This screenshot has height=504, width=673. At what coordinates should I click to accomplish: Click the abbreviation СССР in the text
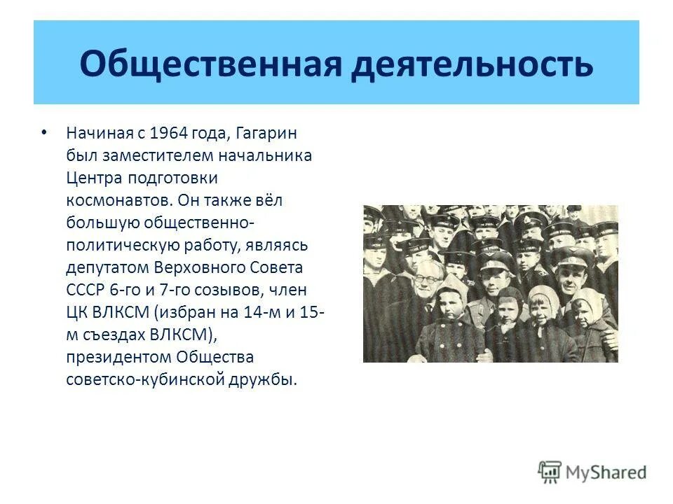(84, 290)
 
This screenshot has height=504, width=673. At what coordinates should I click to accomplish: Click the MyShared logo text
(606, 472)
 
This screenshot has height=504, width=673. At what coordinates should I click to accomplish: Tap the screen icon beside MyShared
(550, 472)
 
